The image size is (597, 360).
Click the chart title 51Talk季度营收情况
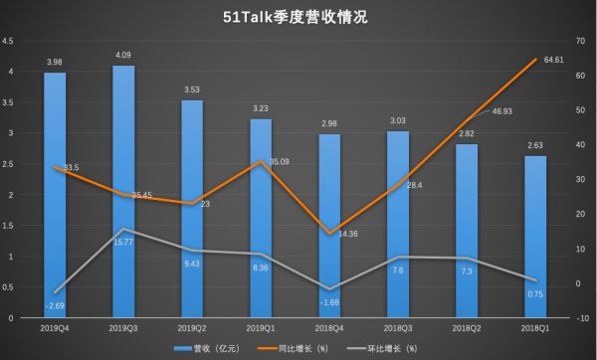(x=298, y=17)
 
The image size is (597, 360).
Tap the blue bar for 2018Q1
(x=535, y=239)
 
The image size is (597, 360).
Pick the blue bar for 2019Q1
(x=261, y=219)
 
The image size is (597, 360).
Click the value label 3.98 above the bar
(x=56, y=62)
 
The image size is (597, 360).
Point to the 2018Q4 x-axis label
(x=329, y=327)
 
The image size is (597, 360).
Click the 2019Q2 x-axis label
(x=192, y=327)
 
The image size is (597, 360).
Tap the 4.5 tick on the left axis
(x=8, y=41)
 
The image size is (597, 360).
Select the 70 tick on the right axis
(x=578, y=41)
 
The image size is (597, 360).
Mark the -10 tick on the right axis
(x=579, y=319)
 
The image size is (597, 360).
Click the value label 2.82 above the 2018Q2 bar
(x=467, y=132)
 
